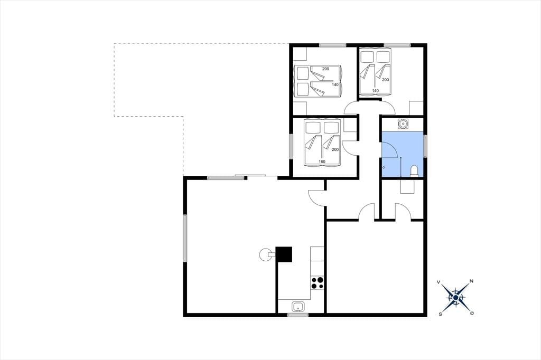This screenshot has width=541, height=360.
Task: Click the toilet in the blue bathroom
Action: (414, 171)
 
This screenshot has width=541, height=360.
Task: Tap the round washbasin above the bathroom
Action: (403, 123)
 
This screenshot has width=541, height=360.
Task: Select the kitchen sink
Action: (298, 306)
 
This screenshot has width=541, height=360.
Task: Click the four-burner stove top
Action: (318, 283)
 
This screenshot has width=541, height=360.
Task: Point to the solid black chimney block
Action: (284, 254)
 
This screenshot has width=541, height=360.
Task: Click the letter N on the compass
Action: (472, 281)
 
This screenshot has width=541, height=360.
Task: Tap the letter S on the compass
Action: (440, 314)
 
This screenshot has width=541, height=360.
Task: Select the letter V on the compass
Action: (439, 282)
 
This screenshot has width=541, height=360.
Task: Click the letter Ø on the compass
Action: (472, 313)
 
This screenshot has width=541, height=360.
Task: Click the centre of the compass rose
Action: (456, 297)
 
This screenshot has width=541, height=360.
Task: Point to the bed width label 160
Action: (322, 162)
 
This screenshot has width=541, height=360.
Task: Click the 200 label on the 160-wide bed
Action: (335, 149)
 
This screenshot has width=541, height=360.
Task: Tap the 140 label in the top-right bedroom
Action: (376, 91)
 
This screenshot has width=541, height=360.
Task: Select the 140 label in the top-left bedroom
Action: (335, 84)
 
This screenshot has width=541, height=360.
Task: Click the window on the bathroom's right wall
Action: (425, 146)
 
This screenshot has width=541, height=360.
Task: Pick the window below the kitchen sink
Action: (298, 315)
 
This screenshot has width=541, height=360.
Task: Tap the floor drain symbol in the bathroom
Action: (384, 167)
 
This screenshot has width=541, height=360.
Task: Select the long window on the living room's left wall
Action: (185, 238)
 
